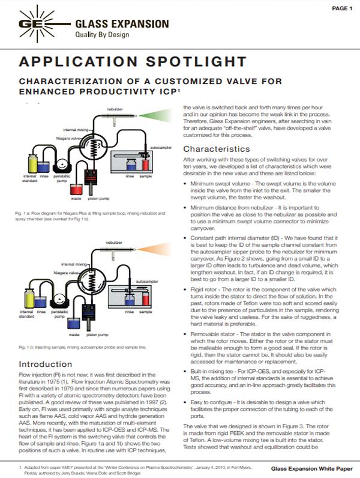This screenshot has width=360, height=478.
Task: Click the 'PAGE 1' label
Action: point(341,8)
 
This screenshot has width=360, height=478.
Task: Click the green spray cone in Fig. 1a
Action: point(161,116)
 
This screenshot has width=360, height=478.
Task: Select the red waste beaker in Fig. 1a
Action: point(76,189)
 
